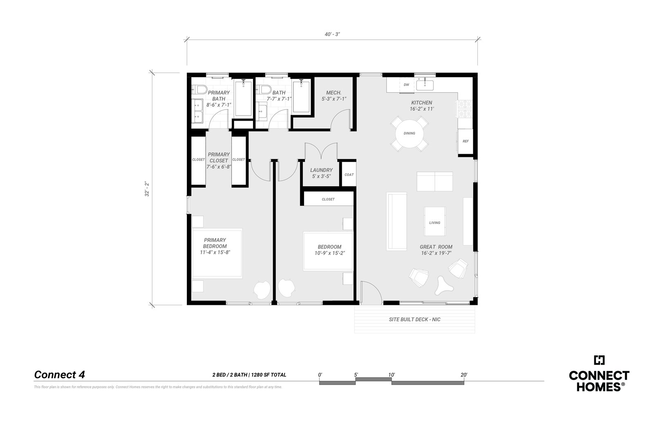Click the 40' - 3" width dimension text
332,34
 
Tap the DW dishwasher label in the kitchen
406,85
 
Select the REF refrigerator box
466,141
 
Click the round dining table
409,133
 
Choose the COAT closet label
349,175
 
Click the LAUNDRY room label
321,170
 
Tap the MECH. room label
334,92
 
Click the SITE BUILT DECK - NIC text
414,320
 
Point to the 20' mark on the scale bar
464,375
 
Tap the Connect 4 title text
59,375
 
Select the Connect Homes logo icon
599,360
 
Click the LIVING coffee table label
435,223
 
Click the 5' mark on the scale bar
356,375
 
